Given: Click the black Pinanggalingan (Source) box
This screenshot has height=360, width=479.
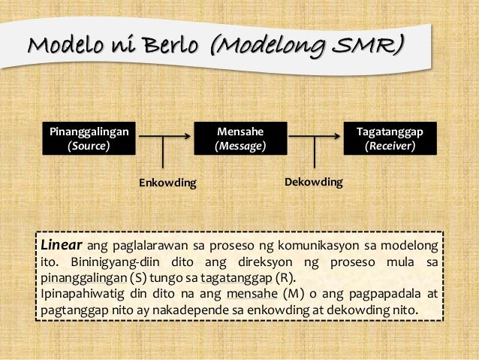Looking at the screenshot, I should coord(89,139).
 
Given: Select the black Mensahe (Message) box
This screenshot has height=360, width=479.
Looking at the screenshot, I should coord(240,139).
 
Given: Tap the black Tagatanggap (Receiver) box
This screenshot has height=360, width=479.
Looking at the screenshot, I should coord(390,139).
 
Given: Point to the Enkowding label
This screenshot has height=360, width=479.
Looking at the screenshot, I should coord(167,183).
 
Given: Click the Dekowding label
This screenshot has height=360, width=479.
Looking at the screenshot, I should coord(314,182).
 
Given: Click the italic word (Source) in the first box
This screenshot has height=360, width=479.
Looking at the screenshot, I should coord(89,146).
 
